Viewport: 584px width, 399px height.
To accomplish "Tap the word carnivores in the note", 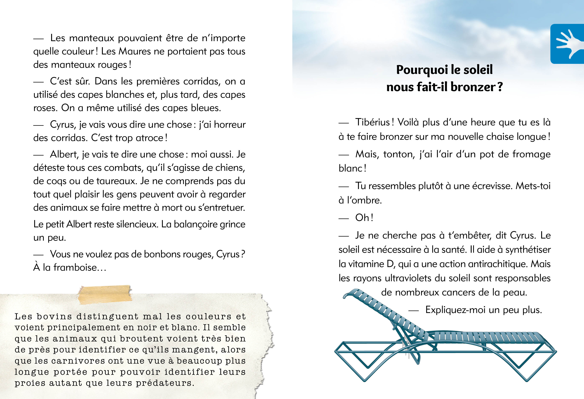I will pos(78,361).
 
